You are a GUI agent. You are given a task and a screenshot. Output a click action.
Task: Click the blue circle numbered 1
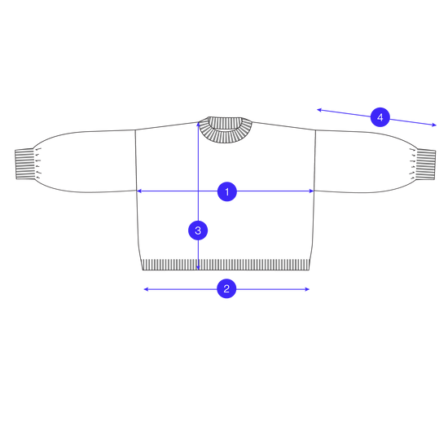pos(227,191)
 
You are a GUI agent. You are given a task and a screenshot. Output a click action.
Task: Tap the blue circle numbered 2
pos(226,288)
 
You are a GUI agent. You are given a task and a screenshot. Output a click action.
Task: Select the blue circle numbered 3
pos(198,231)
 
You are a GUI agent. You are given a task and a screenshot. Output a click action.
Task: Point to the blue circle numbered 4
pos(380,117)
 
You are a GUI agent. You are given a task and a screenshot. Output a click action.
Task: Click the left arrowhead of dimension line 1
pos(138,191)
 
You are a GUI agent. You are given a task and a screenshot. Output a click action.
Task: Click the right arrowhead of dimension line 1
pos(312,191)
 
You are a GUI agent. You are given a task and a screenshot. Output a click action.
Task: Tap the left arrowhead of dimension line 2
pos(146,289)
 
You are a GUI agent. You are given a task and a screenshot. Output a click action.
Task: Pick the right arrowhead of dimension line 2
pos(307,289)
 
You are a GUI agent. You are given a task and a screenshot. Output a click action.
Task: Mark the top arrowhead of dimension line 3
pos(198,125)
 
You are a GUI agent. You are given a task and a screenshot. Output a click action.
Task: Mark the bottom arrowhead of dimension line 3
pos(198,267)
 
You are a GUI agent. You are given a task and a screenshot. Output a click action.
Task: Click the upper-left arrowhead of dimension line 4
pos(320,110)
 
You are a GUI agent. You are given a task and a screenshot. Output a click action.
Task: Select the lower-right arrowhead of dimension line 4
pos(434,125)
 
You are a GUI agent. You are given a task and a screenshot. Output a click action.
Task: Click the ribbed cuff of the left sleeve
pos(24,164)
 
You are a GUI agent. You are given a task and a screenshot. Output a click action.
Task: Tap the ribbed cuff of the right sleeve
pos(426,165)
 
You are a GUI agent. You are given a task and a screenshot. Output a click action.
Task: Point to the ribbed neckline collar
pos(226,130)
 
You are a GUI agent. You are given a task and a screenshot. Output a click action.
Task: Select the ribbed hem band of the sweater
pos(226,265)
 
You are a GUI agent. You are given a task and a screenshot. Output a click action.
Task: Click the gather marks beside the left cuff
pos(38,164)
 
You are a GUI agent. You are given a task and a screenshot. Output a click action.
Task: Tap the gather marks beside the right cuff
pos(413,164)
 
